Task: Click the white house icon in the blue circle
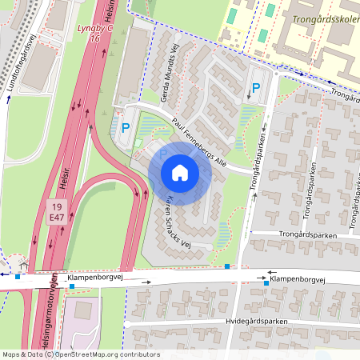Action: pos(180,173)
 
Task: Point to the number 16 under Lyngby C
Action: pos(94,38)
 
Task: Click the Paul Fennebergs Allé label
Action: pos(201,142)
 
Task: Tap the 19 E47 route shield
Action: pos(54,211)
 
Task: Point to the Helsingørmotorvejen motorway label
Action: pos(47,316)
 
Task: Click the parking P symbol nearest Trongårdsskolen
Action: pos(256,89)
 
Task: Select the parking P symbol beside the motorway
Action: pos(125,126)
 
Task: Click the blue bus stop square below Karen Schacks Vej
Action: pos(228,266)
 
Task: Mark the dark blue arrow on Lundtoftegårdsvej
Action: pos(8,101)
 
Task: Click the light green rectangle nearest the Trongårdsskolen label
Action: pos(270,10)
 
